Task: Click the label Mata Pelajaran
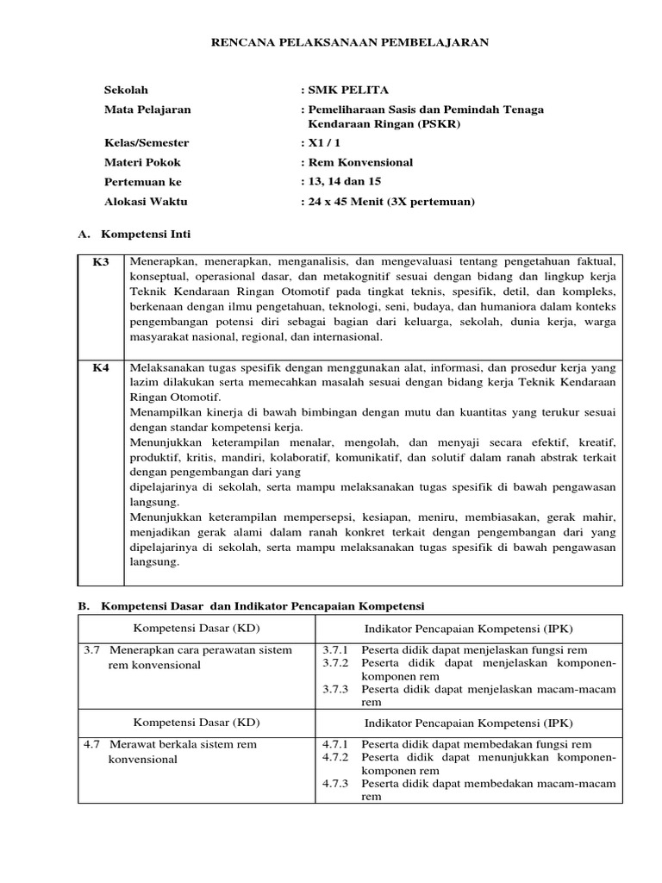147,110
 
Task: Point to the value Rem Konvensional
359,162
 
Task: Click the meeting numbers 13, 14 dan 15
343,181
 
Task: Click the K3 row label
101,261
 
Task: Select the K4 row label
101,367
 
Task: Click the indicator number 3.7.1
334,649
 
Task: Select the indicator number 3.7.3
334,689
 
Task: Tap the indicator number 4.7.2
334,757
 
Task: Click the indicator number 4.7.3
334,784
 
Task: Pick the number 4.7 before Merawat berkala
91,743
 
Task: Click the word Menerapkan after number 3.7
140,649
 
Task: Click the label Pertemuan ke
143,182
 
